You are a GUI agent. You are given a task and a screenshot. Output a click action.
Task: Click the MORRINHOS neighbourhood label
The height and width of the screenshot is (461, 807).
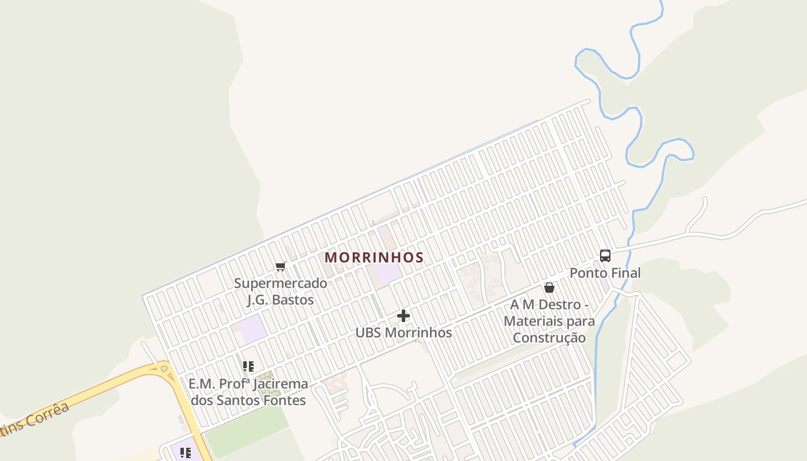click(x=374, y=258)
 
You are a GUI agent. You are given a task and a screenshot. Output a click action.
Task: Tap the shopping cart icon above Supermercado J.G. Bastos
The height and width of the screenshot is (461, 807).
click(x=281, y=266)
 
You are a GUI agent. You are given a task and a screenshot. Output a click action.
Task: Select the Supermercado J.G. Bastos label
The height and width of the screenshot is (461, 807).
click(x=281, y=292)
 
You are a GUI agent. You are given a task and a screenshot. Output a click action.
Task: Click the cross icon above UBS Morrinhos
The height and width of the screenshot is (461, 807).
click(x=403, y=316)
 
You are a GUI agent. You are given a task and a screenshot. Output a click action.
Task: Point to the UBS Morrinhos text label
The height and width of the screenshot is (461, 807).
click(x=403, y=332)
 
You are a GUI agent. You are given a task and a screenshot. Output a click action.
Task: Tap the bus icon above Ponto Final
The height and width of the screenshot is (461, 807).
click(x=605, y=256)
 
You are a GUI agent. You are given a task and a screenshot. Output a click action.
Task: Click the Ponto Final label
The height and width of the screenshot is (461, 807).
click(x=605, y=273)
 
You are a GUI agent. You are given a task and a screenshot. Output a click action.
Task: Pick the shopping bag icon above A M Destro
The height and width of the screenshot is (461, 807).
click(x=549, y=288)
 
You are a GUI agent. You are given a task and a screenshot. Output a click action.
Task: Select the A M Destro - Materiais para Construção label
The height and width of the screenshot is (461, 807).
click(x=549, y=321)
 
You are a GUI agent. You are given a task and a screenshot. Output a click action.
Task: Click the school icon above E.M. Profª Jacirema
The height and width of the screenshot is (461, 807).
click(x=248, y=366)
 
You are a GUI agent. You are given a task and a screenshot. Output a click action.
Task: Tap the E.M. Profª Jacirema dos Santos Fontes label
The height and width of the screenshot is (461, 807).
click(x=248, y=392)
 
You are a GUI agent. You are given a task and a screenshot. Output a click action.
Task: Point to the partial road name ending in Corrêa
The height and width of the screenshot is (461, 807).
click(x=35, y=420)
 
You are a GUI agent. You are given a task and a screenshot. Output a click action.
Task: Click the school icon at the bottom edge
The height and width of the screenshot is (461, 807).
click(x=185, y=453)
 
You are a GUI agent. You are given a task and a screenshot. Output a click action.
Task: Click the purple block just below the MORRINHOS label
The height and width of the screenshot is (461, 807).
click(x=388, y=273)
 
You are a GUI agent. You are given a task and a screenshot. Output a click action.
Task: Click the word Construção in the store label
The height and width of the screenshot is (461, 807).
click(x=549, y=338)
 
